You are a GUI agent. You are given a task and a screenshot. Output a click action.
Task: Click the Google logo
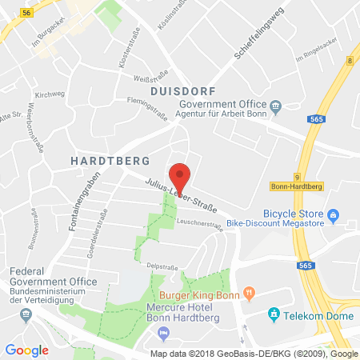pos(26,350)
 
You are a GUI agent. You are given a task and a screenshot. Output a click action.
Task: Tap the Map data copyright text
pos(254,353)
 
